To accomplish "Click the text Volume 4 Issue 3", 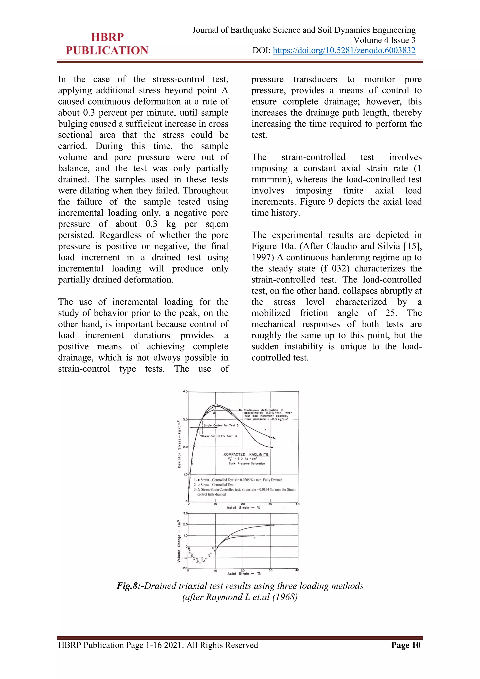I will click(x=384, y=40).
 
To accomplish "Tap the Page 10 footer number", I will click(x=405, y=645).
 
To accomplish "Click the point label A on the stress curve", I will click(x=214, y=413).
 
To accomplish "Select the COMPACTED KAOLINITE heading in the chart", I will click(x=246, y=454).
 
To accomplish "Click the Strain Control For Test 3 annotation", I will click(x=221, y=425).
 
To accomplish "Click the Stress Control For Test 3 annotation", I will click(x=219, y=436).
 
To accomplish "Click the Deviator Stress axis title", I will click(x=179, y=444).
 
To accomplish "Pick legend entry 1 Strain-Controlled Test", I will click(x=238, y=480).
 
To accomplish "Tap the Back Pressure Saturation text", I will click(x=247, y=463).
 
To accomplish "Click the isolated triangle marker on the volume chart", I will click(x=255, y=538).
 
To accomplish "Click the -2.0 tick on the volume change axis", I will click(x=184, y=568).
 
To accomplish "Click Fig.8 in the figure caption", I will click(x=129, y=586).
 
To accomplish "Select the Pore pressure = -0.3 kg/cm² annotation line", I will click(x=266, y=419).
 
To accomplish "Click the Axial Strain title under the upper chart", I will click(x=243, y=507).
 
